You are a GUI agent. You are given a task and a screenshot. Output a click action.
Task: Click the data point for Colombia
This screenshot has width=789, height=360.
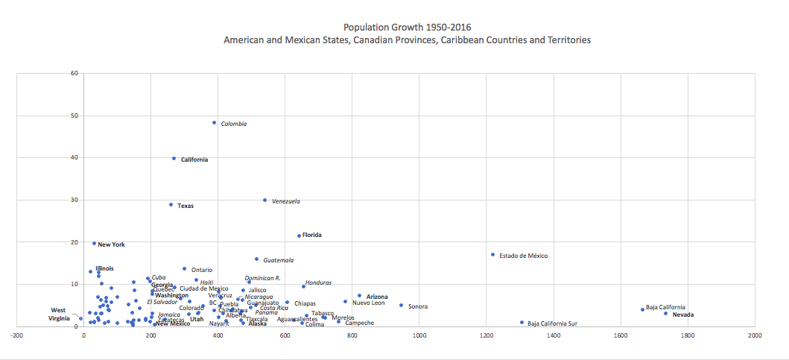click(x=215, y=123)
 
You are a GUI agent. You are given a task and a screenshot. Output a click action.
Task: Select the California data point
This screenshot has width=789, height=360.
click(x=174, y=159)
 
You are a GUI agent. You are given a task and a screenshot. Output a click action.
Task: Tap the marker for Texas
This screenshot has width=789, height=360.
click(x=171, y=205)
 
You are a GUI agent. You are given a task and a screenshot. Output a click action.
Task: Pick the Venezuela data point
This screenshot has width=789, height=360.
click(x=264, y=200)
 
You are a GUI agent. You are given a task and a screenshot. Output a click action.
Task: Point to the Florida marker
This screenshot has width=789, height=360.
click(x=300, y=236)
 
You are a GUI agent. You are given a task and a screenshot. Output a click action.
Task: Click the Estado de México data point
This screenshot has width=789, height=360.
click(x=492, y=255)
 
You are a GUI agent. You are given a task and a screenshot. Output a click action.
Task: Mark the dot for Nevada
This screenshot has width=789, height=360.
click(x=666, y=314)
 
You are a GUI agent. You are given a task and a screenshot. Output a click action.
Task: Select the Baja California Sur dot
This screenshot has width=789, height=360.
click(x=522, y=323)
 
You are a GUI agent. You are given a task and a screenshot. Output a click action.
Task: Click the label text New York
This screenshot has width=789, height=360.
click(x=111, y=244)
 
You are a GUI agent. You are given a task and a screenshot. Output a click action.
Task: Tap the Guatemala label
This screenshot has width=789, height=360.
click(x=278, y=260)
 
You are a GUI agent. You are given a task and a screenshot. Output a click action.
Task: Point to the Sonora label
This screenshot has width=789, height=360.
click(x=417, y=306)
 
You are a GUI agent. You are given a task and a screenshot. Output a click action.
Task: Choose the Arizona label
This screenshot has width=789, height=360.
click(x=376, y=297)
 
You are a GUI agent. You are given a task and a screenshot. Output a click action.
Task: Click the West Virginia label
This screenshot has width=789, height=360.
click(x=59, y=315)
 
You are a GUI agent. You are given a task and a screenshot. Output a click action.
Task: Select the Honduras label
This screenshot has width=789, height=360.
click(x=318, y=282)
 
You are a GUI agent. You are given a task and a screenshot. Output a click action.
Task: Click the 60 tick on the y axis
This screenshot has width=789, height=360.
click(x=74, y=73)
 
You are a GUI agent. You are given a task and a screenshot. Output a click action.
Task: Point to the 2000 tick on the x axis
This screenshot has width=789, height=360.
click(x=755, y=336)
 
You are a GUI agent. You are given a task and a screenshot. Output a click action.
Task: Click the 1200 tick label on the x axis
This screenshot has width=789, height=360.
click(x=486, y=336)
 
